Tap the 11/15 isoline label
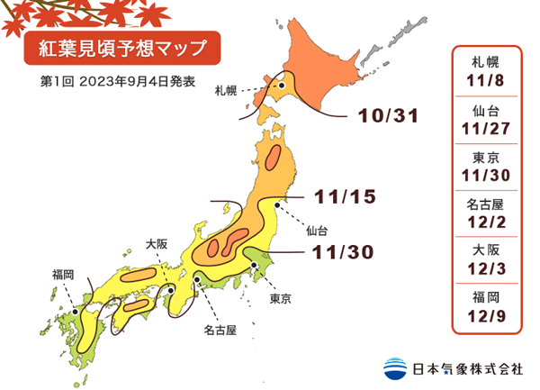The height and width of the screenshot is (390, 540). coord(346,195)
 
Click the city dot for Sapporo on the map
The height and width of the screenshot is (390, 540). coord(282,86)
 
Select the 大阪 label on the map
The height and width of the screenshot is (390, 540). coord(157,243)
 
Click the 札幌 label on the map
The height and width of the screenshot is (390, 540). coord(226,91)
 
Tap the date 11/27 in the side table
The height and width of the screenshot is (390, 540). coord(486,131)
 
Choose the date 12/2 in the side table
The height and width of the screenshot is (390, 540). coord(486,222)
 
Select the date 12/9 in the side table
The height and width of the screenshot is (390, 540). coord(486,315)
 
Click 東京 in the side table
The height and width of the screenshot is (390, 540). coord(486,156)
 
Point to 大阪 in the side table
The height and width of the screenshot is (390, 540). coord(486,249)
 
